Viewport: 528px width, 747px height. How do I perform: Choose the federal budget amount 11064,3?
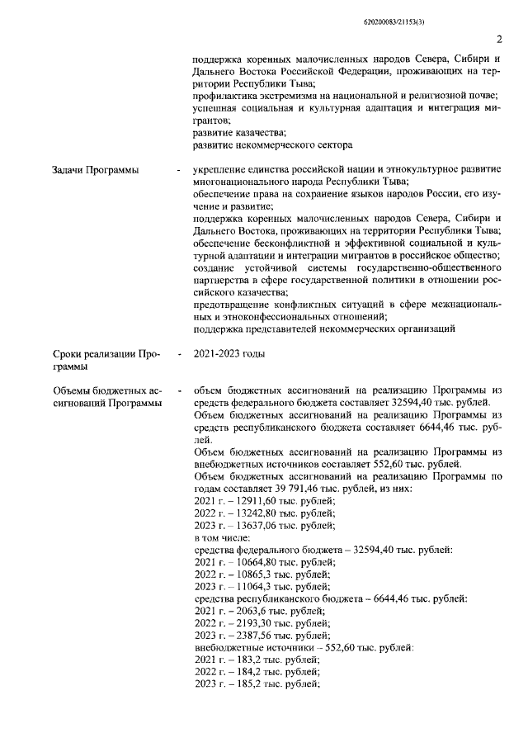pos(246,587)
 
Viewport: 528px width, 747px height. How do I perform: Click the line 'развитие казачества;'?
pos(239,132)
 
